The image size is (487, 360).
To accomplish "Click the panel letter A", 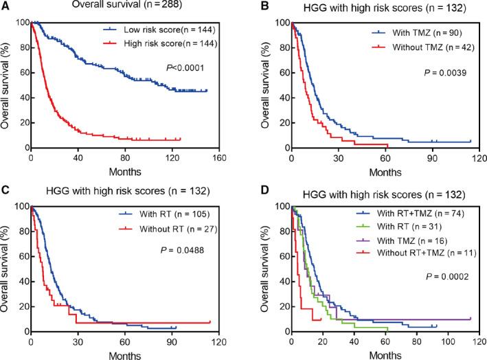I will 5,6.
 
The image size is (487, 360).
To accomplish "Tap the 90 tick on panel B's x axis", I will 431,157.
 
